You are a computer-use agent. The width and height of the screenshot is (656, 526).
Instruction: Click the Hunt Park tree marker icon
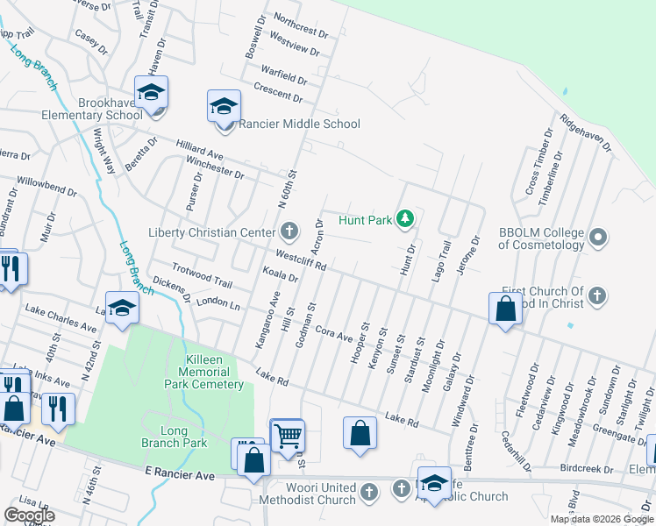[x=404, y=218]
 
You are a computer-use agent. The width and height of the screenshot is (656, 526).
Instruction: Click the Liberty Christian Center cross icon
[x=289, y=232]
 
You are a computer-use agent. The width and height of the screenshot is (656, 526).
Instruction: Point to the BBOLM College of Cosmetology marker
[x=598, y=237]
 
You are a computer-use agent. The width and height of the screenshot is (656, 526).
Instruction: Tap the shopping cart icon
[x=288, y=436]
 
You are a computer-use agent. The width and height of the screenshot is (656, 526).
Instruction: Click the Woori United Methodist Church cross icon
[x=369, y=491]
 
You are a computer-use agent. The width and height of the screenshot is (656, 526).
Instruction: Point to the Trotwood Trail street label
[x=202, y=276]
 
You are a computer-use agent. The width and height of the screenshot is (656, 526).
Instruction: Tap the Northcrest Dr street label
[x=300, y=26]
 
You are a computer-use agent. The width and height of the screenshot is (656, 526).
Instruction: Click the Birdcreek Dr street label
[x=588, y=469]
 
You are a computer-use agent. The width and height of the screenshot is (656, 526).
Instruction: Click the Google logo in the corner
[x=29, y=515]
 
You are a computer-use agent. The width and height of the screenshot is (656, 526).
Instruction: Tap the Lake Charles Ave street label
[x=61, y=318]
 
